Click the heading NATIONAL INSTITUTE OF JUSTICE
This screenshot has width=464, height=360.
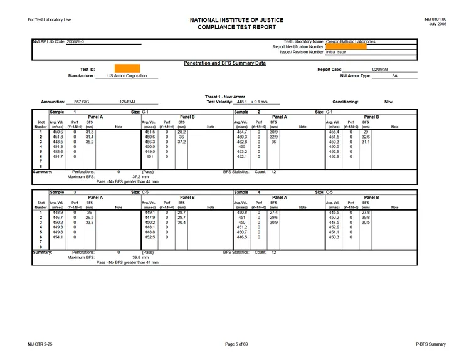[x=231, y=20]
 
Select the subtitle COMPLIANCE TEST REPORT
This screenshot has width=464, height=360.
[x=231, y=28]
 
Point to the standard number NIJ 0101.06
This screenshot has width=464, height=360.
[x=435, y=19]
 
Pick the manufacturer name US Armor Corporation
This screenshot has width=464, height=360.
[x=127, y=76]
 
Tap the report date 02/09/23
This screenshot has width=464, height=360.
[x=380, y=70]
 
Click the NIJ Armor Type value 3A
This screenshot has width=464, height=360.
[x=394, y=76]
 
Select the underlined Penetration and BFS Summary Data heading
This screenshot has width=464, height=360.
[x=224, y=63]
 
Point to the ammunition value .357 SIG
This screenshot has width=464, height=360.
[x=82, y=102]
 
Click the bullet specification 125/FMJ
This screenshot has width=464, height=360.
[x=128, y=102]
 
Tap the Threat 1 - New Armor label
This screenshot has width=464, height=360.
[x=225, y=97]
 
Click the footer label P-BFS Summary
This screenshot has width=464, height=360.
[x=431, y=344]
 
